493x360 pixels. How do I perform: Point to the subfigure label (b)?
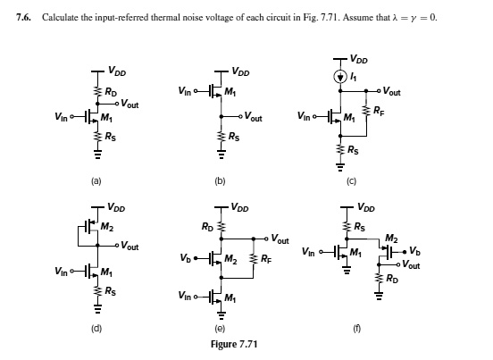tap(219, 181)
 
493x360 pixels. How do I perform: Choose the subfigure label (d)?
tap(97, 329)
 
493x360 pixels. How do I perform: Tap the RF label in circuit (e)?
tap(268, 260)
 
